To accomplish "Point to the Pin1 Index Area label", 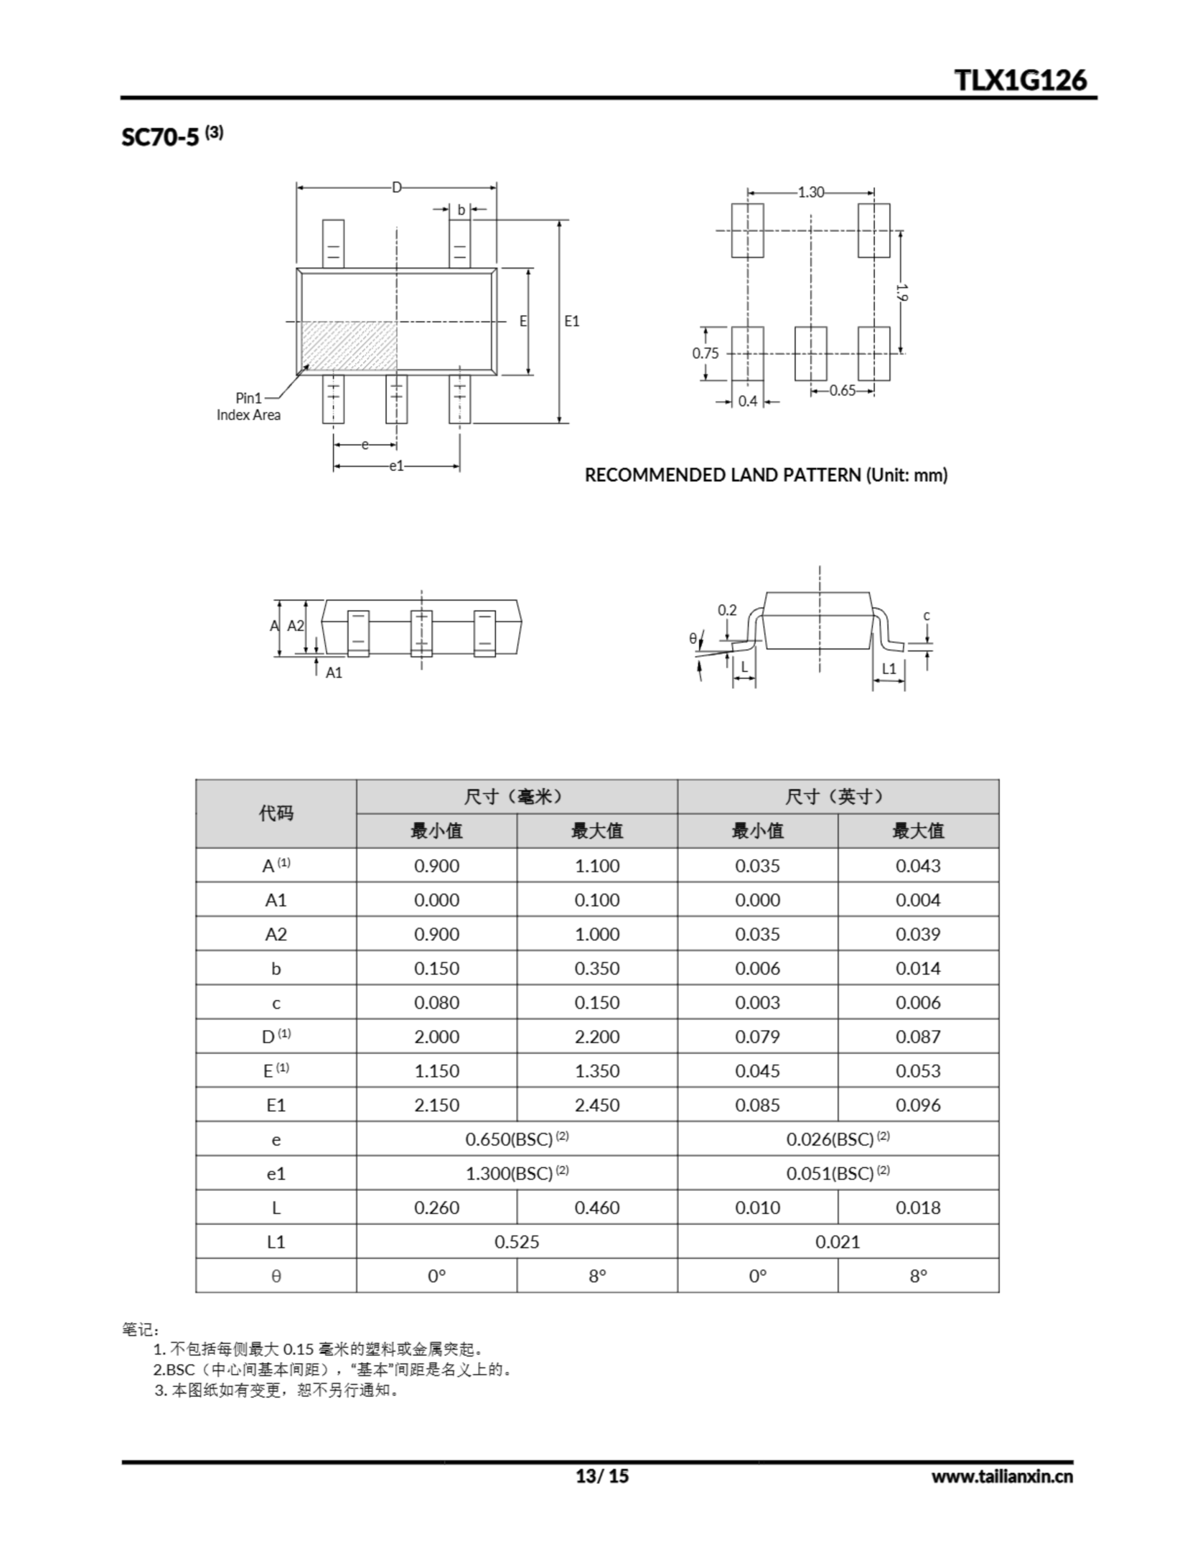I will pos(249,407).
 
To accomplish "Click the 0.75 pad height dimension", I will pos(705,353).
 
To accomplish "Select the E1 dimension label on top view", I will pos(572,321).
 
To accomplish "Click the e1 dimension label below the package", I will pos(396,466).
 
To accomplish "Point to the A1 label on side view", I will pos(333,673).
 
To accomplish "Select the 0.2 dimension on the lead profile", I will pos(727,610).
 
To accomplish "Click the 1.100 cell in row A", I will pos(597,865).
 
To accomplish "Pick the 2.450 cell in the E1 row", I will pos(597,1105).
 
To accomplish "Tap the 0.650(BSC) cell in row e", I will pos(517,1139).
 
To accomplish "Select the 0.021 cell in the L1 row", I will pos(837,1242).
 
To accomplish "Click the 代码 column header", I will pos(275,813).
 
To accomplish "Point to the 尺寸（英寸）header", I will pos(837,797).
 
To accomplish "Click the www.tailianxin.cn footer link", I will pos(1002,1476).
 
